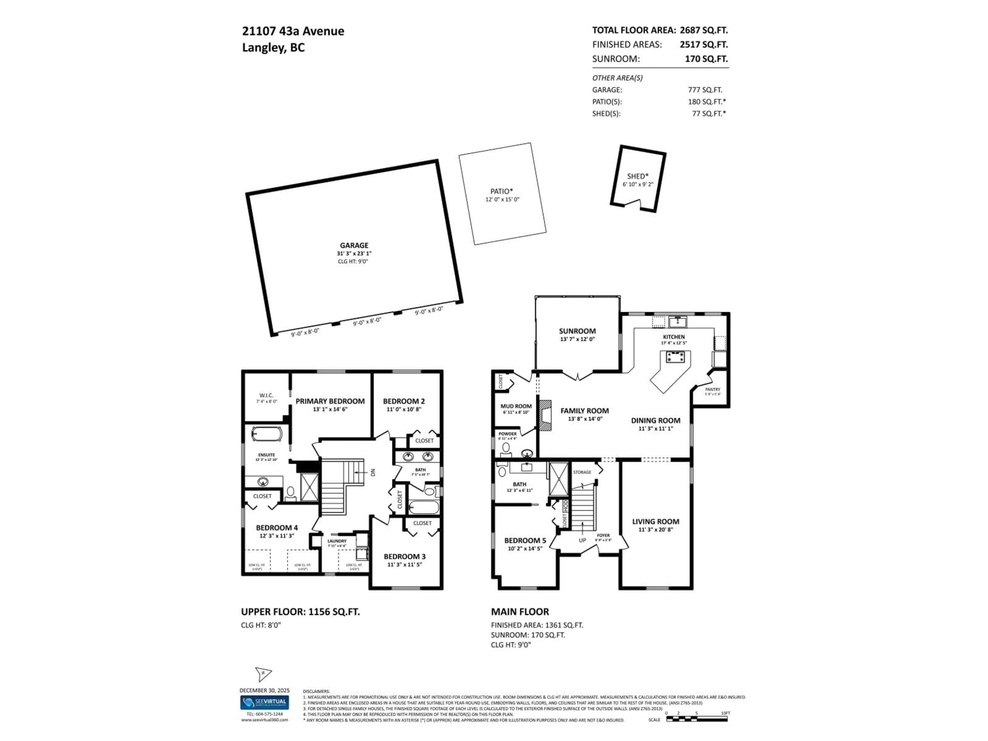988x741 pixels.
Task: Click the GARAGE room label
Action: (354, 245)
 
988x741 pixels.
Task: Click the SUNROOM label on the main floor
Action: (577, 331)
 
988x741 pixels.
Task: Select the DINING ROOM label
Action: (655, 420)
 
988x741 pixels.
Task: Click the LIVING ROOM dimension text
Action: (655, 530)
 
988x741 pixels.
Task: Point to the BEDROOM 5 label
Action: (525, 541)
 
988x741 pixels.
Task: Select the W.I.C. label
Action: (266, 395)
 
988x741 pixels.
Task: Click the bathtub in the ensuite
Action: (267, 434)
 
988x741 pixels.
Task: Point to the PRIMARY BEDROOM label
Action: (330, 401)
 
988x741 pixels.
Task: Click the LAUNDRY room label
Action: (337, 541)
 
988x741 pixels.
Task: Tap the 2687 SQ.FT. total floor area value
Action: (703, 30)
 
